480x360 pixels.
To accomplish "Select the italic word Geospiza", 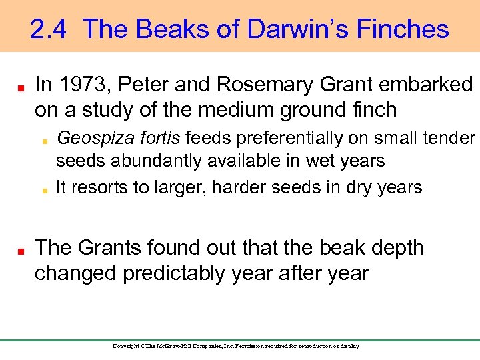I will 89,139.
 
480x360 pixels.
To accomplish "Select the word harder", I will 245,187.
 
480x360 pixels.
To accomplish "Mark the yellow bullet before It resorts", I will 44,189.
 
